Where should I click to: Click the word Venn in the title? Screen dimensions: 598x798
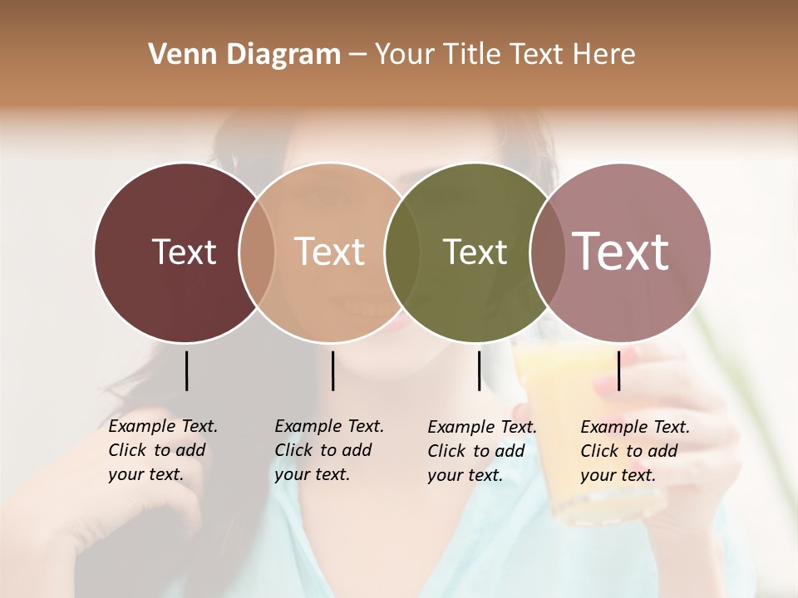click(x=180, y=55)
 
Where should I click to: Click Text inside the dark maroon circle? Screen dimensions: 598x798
click(x=184, y=252)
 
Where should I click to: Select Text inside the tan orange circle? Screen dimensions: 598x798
click(x=329, y=252)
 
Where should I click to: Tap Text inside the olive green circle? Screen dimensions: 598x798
click(x=475, y=252)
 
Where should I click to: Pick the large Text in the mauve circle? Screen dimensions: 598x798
click(x=620, y=252)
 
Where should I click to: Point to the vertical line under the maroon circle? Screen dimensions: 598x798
click(x=186, y=370)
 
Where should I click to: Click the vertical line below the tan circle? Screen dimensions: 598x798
click(x=332, y=370)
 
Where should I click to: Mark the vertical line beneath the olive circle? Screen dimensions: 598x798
click(x=479, y=370)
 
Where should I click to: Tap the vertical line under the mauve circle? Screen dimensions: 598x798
click(x=619, y=370)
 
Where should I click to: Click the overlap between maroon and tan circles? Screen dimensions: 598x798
click(x=257, y=252)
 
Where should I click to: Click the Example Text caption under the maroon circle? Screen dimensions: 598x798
click(x=162, y=450)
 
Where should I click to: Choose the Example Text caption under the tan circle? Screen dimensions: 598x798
click(x=328, y=450)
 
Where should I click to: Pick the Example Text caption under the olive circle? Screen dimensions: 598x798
click(x=481, y=451)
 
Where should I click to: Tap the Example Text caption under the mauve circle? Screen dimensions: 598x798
click(x=634, y=451)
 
